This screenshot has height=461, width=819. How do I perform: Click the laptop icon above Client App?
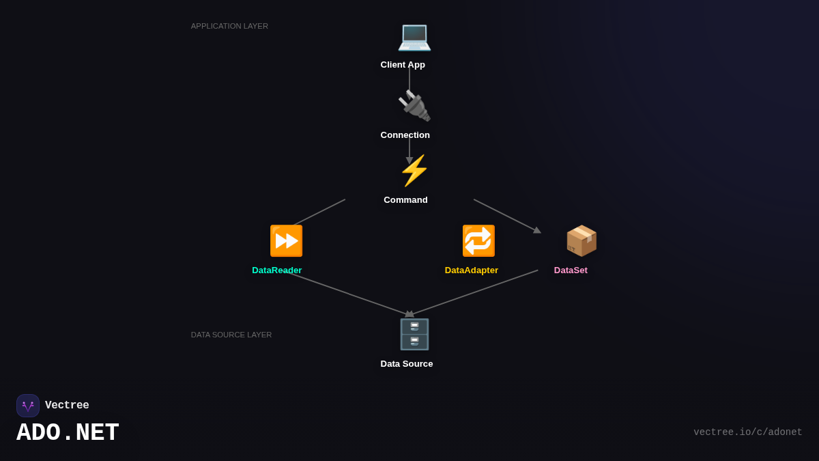414,36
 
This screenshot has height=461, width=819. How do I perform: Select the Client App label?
403,65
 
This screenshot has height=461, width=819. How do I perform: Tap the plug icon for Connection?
414,106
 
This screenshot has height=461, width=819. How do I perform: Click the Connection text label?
405,135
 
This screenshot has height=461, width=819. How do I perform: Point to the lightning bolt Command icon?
414,171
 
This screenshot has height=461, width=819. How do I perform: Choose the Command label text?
405,200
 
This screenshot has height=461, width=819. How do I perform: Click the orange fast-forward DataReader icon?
286,241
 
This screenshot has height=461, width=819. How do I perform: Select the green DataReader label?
276,270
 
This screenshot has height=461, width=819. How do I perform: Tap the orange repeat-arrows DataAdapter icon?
478,241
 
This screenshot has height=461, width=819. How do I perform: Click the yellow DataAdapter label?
471,270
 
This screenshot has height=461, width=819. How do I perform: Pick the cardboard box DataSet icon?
581,241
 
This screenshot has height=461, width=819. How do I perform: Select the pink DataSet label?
571,270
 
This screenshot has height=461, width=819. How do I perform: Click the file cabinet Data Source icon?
414,335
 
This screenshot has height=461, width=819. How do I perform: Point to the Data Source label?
407,364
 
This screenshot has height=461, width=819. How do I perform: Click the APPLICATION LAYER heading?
229,26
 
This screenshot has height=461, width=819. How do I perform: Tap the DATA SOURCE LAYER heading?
231,335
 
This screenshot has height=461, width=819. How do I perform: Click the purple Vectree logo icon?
28,406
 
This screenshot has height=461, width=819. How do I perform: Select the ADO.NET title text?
68,433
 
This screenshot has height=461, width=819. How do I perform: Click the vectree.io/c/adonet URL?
747,432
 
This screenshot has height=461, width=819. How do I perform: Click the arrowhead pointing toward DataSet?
537,230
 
